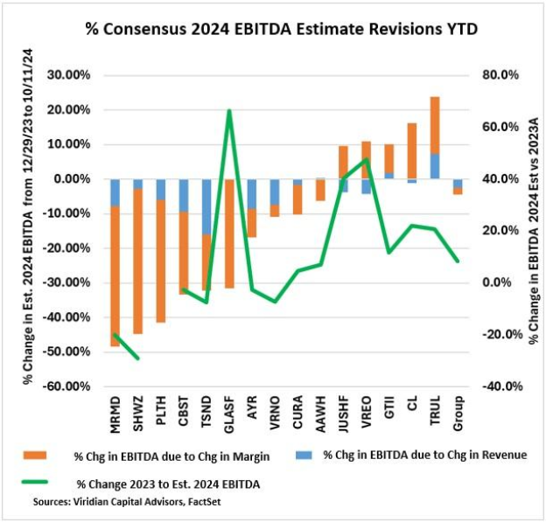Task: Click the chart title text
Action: tap(276, 29)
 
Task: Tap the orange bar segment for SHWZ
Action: tap(137, 261)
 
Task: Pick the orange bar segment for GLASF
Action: tap(229, 233)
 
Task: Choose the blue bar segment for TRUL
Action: tap(434, 166)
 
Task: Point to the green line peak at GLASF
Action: tap(229, 111)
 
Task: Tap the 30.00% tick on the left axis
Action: tap(69, 75)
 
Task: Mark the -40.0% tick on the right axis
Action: tap(496, 386)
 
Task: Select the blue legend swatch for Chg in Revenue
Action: tap(301, 456)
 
